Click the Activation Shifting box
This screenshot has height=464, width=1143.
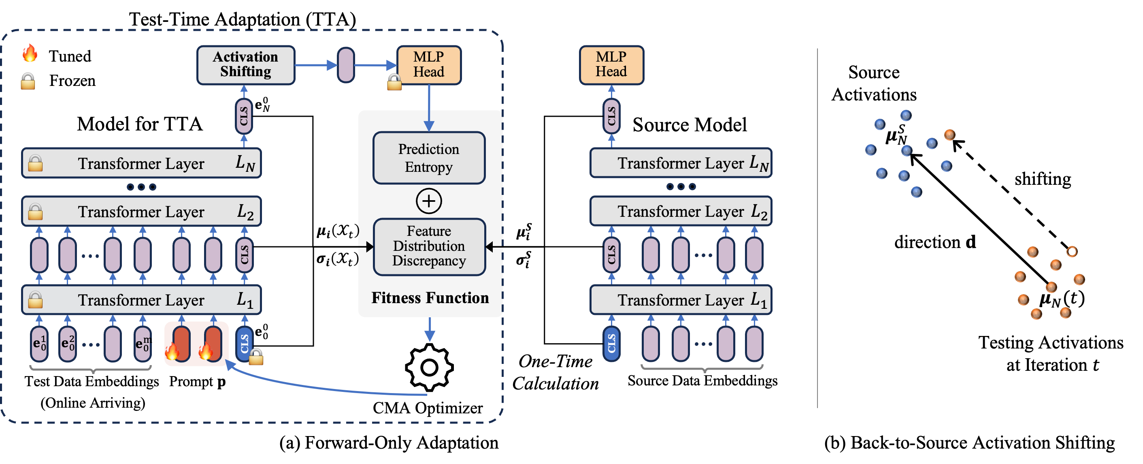pos(245,65)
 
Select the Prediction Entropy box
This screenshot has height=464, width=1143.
pos(429,158)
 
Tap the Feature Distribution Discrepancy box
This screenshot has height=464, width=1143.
pos(429,246)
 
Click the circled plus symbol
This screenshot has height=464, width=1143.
pos(429,201)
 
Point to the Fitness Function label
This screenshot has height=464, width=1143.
pos(430,298)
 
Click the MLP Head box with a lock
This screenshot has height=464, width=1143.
pos(429,65)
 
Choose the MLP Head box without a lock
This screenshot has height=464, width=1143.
pos(611,65)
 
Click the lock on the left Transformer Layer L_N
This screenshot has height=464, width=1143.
pos(36,163)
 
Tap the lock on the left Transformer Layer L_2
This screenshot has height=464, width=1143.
pos(36,212)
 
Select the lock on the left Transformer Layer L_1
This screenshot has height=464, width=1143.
pos(36,300)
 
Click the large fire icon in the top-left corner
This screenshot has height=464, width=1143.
pos(30,53)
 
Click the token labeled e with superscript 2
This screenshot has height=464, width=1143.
pos(68,344)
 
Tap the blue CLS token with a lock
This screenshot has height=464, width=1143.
pos(245,344)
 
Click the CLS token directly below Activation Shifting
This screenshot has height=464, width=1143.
pos(244,116)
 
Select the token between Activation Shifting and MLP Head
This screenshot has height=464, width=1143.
pos(346,65)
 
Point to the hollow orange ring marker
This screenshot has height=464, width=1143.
pos(1072,252)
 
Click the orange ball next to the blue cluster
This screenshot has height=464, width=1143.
pos(949,135)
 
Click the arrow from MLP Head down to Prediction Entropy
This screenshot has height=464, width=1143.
pos(429,107)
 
